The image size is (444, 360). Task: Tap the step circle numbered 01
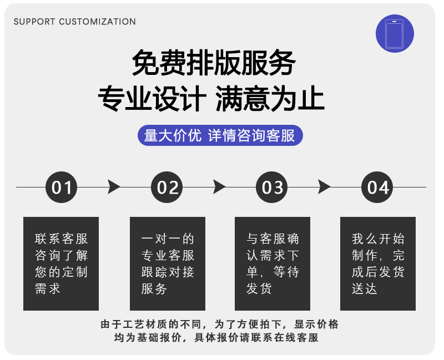[62, 187]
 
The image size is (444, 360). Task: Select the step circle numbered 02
[167, 187]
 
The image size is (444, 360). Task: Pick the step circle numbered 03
[273, 187]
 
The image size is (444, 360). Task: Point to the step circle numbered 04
[378, 187]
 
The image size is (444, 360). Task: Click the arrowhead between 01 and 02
[114, 187]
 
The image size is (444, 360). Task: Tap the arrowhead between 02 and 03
[219, 187]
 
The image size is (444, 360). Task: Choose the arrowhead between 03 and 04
[324, 187]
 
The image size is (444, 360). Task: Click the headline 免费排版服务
[213, 63]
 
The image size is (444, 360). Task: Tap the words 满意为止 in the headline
[270, 100]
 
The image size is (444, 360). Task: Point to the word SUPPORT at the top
[34, 22]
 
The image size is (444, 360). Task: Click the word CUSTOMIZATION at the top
[97, 22]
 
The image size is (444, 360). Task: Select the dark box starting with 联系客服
[61, 263]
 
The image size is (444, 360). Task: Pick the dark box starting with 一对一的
[168, 263]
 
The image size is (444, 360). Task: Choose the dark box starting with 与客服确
[273, 263]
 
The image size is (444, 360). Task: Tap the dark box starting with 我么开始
[378, 263]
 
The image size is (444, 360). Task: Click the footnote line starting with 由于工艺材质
[219, 324]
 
